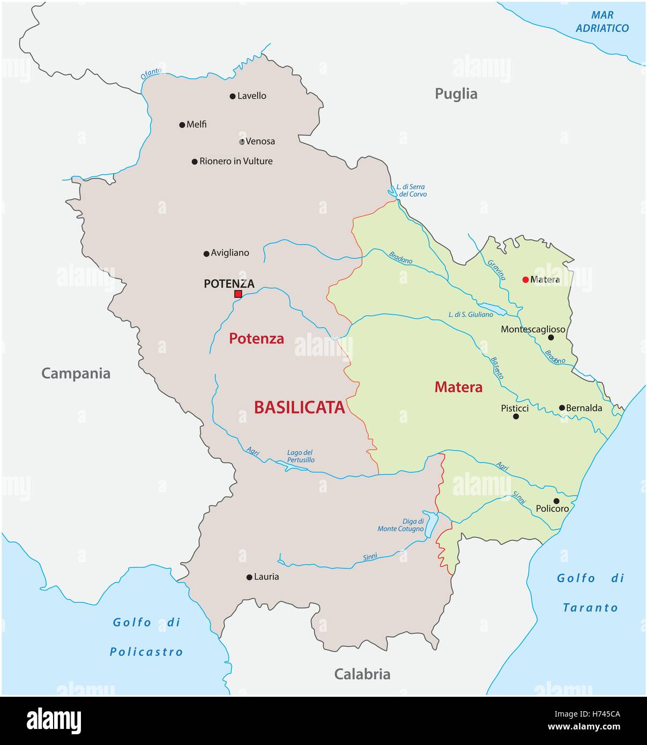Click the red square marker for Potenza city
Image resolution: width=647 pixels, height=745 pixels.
pos(238,294)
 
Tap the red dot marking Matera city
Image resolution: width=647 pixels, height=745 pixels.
pos(525,279)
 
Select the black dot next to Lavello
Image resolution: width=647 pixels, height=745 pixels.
pos(233,96)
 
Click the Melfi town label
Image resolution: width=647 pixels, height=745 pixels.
pos(196,124)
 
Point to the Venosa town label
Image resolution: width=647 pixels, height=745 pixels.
pos(260,141)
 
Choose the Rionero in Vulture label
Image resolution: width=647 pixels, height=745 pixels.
pos(236,161)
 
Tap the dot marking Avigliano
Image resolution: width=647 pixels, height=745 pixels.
pos(206,254)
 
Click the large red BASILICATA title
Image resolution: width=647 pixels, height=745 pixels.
pos(299,407)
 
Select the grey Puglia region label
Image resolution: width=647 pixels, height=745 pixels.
pos(456,94)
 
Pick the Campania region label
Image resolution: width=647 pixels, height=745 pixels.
pos(76,374)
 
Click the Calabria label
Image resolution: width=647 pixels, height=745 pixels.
pos(362,674)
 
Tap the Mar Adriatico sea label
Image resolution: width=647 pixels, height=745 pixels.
pos(602,21)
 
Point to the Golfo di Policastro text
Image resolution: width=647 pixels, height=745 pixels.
pos(146,637)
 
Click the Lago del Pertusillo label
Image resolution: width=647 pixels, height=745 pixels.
pos(300,456)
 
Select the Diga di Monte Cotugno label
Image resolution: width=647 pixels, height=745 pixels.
pos(400,525)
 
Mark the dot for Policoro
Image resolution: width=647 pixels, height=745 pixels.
pos(556,501)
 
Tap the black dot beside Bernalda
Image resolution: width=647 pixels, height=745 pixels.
pos(562,408)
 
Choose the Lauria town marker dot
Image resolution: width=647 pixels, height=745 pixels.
pos(249,577)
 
